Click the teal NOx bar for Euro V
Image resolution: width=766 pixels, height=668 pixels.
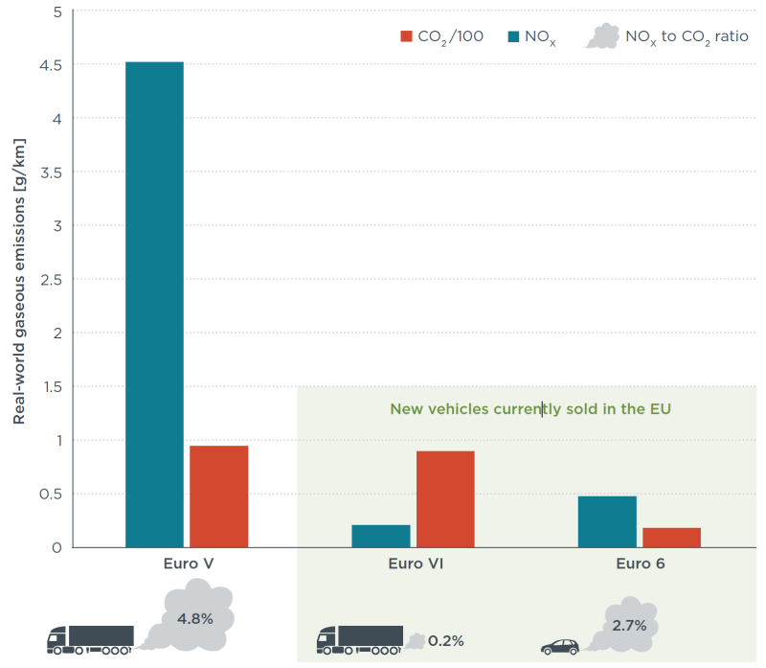[x=154, y=305]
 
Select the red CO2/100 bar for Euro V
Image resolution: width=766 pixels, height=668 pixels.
[x=218, y=496]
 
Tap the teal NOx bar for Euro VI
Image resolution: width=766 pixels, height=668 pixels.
[x=380, y=536]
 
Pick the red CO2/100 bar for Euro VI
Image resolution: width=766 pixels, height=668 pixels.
[x=445, y=498]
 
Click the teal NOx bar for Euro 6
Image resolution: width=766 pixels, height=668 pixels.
[x=607, y=521]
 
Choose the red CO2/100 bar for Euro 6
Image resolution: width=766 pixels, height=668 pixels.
[x=671, y=538]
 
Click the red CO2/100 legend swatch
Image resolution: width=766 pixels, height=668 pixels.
[x=406, y=36]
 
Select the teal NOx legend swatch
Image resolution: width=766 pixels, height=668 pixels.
[x=513, y=36]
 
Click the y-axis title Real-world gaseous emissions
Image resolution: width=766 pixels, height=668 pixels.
[x=19, y=281]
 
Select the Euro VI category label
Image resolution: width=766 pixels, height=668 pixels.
[x=415, y=564]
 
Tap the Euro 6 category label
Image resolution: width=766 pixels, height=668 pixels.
[x=641, y=564]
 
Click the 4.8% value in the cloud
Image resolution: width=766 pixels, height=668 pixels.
[x=194, y=618]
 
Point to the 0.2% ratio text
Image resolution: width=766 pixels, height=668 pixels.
[x=446, y=640]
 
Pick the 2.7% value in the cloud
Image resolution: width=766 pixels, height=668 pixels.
[x=629, y=625]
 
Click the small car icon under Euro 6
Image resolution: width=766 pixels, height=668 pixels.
[x=560, y=648]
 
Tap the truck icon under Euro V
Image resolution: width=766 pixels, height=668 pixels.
[x=91, y=639]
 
